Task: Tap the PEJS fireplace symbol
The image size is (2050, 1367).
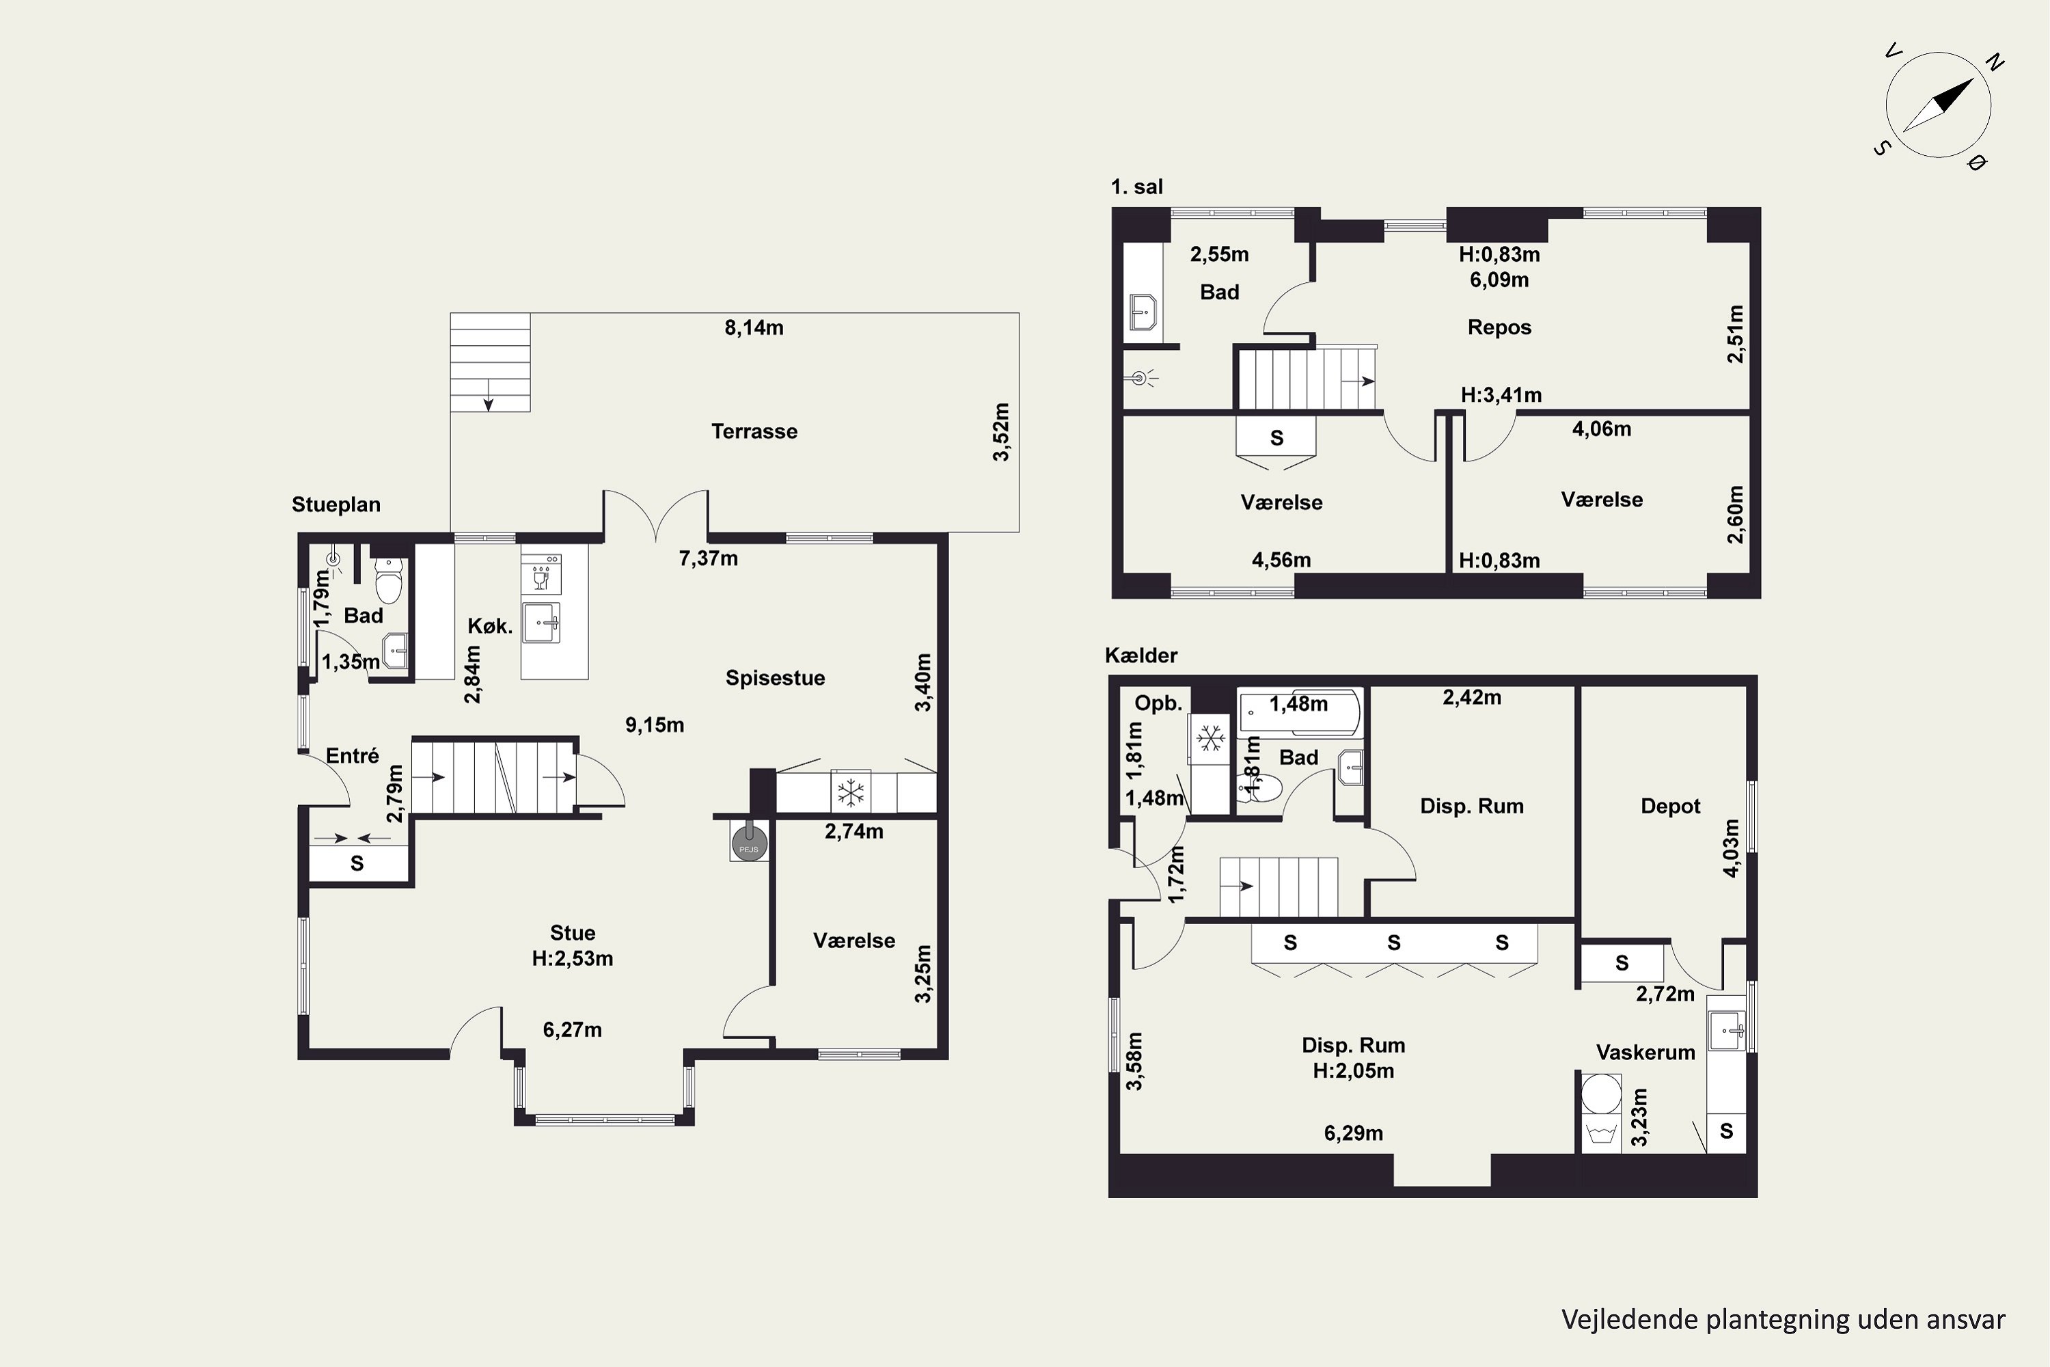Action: [749, 843]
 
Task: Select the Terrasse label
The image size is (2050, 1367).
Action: [754, 431]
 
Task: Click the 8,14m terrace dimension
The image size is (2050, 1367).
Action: [754, 328]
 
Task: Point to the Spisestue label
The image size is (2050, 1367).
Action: [775, 678]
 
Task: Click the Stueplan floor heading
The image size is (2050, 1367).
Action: [336, 505]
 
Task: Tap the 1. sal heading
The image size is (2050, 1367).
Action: [1136, 187]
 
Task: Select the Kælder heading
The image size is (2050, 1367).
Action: [1141, 655]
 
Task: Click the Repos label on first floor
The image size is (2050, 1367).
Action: [1499, 328]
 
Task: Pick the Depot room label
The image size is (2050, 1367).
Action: [1670, 807]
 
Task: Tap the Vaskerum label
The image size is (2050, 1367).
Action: [1645, 1053]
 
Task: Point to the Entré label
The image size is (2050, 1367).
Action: [352, 756]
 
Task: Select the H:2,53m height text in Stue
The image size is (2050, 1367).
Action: [573, 959]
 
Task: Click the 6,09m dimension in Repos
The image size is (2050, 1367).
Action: [1499, 280]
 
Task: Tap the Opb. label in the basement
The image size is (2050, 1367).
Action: [1158, 703]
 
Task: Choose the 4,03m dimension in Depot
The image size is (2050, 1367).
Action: [1731, 848]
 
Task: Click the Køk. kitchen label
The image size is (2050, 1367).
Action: [490, 626]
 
